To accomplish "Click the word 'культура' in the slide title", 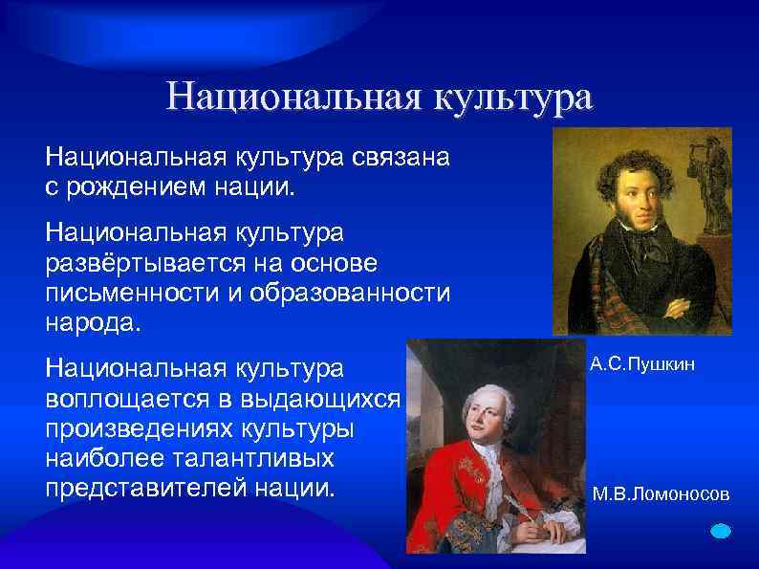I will tap(513, 98).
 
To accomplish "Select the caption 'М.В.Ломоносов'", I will tap(661, 494).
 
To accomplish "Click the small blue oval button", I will tap(722, 531).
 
